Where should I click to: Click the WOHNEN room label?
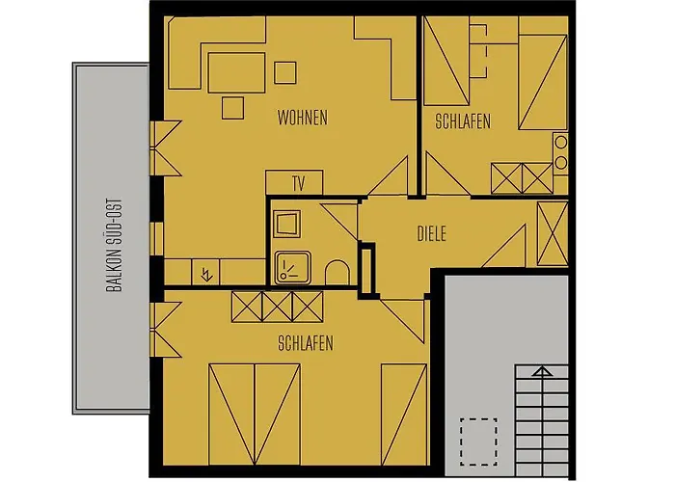(x=302, y=119)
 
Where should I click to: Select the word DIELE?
(x=431, y=233)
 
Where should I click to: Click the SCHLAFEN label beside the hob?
(x=463, y=121)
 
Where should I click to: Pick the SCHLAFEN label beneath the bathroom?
(x=305, y=343)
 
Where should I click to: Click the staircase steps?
(x=542, y=424)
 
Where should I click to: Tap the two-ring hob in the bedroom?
(x=560, y=152)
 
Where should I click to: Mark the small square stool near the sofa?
(x=285, y=72)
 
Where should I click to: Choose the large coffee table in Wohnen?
(x=235, y=70)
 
